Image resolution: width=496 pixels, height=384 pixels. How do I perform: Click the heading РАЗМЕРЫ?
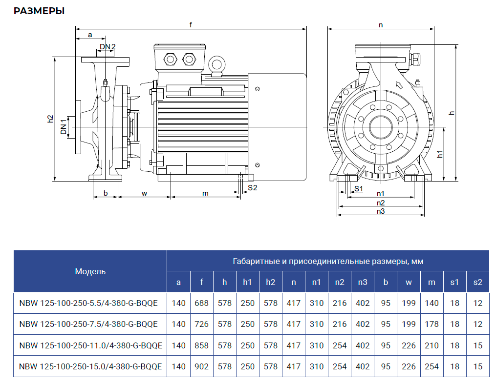point(39,11)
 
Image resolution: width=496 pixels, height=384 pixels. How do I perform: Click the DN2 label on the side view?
point(108,47)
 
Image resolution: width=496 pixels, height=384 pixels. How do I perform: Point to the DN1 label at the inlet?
point(64,126)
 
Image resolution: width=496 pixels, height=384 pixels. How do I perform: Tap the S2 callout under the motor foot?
point(252,187)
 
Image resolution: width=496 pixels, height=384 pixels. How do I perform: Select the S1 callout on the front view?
point(358,188)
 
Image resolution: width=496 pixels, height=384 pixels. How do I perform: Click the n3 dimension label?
point(381,211)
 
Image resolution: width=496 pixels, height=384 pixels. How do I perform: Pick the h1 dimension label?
point(440,154)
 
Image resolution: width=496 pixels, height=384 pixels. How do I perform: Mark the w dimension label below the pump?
point(145,193)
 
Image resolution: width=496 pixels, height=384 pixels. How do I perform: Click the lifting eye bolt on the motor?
point(216,64)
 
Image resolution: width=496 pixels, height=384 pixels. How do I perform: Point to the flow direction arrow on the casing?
point(398,86)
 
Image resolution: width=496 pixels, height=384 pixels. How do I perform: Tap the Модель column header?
point(90,271)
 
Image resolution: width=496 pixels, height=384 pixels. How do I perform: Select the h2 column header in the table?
point(270,282)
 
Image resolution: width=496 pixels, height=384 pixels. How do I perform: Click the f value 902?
point(201,366)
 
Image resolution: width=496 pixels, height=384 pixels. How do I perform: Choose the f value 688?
point(201,303)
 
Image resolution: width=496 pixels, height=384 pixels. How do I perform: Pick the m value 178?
point(431,324)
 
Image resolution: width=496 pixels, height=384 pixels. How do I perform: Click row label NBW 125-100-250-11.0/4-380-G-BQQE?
point(90,345)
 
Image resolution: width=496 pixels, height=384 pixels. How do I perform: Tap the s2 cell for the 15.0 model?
point(477,366)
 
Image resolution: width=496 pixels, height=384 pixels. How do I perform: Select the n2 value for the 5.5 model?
point(340,303)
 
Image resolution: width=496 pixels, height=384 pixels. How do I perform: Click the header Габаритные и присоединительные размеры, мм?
point(328,261)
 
